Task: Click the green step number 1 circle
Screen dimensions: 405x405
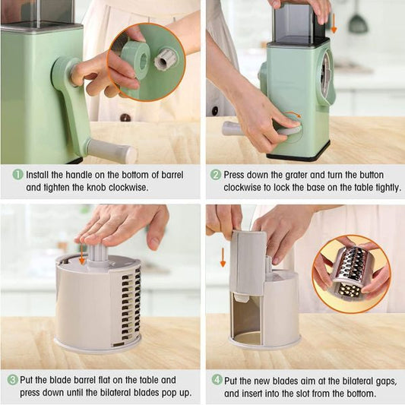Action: pos(17,174)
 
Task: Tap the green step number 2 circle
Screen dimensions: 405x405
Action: pos(216,174)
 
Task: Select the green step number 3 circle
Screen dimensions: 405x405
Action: pos(13,379)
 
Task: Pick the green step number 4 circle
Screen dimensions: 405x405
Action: pos(217,379)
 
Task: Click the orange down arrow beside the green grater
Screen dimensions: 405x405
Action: pos(333,25)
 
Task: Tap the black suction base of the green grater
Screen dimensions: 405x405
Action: pos(299,155)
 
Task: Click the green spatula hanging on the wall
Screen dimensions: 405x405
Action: pos(358,20)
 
